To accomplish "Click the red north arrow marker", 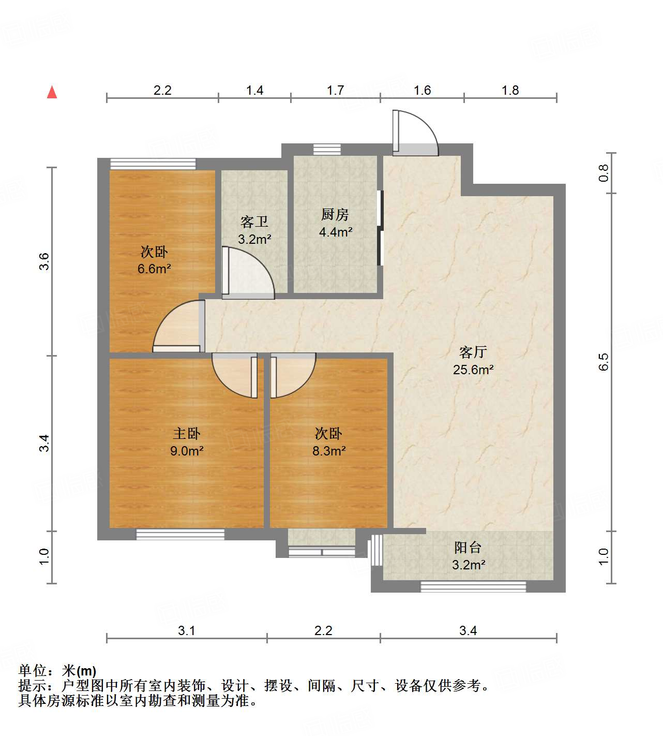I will click(x=52, y=92).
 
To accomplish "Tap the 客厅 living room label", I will click(x=473, y=352).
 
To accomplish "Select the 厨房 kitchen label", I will click(x=335, y=214).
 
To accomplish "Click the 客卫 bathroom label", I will click(x=254, y=222).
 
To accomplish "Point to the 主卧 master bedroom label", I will click(x=186, y=434).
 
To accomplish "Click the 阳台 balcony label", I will click(x=468, y=548).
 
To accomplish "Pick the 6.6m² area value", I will click(x=154, y=269).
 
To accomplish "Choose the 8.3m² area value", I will click(x=329, y=451).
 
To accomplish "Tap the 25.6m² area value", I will click(x=473, y=370).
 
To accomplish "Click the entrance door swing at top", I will click(x=415, y=134).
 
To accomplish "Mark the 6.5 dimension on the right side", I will click(x=604, y=362).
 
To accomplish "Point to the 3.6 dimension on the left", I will click(x=44, y=261).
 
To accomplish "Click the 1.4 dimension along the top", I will click(x=254, y=91).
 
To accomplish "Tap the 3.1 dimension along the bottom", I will click(x=186, y=630).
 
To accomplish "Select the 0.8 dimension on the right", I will click(x=604, y=173).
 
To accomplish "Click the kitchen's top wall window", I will click(x=327, y=150).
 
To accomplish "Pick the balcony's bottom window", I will click(x=473, y=586).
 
